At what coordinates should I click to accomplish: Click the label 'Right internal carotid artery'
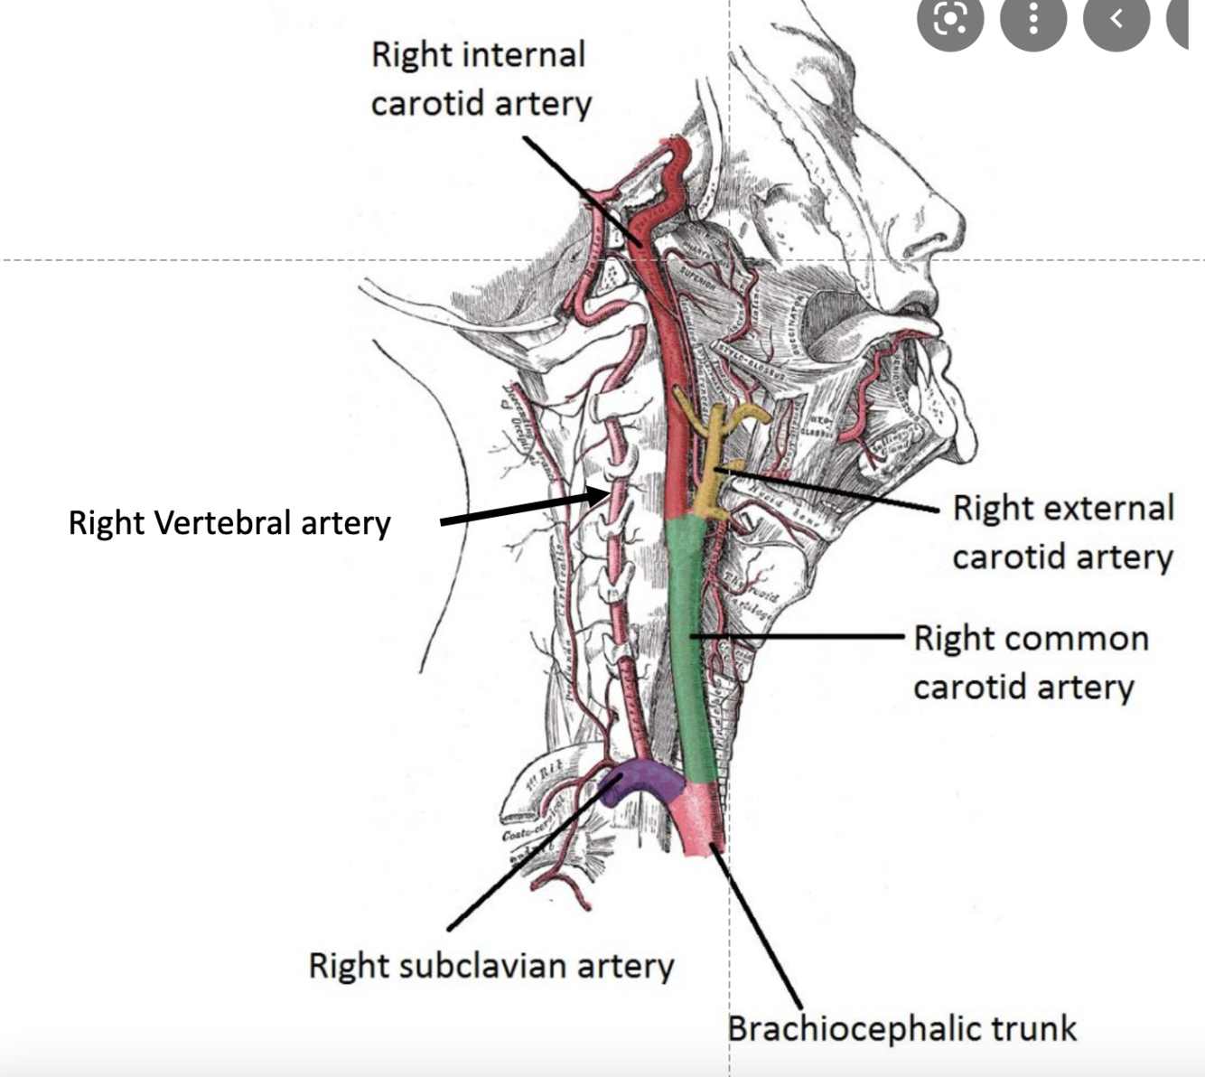480,80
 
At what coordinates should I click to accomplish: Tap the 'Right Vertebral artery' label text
229,523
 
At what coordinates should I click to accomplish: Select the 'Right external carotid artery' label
1063,533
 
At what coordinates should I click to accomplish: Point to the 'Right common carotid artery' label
1031,662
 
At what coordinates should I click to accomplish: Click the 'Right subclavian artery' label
490,966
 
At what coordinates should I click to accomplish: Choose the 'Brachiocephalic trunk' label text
901,1028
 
